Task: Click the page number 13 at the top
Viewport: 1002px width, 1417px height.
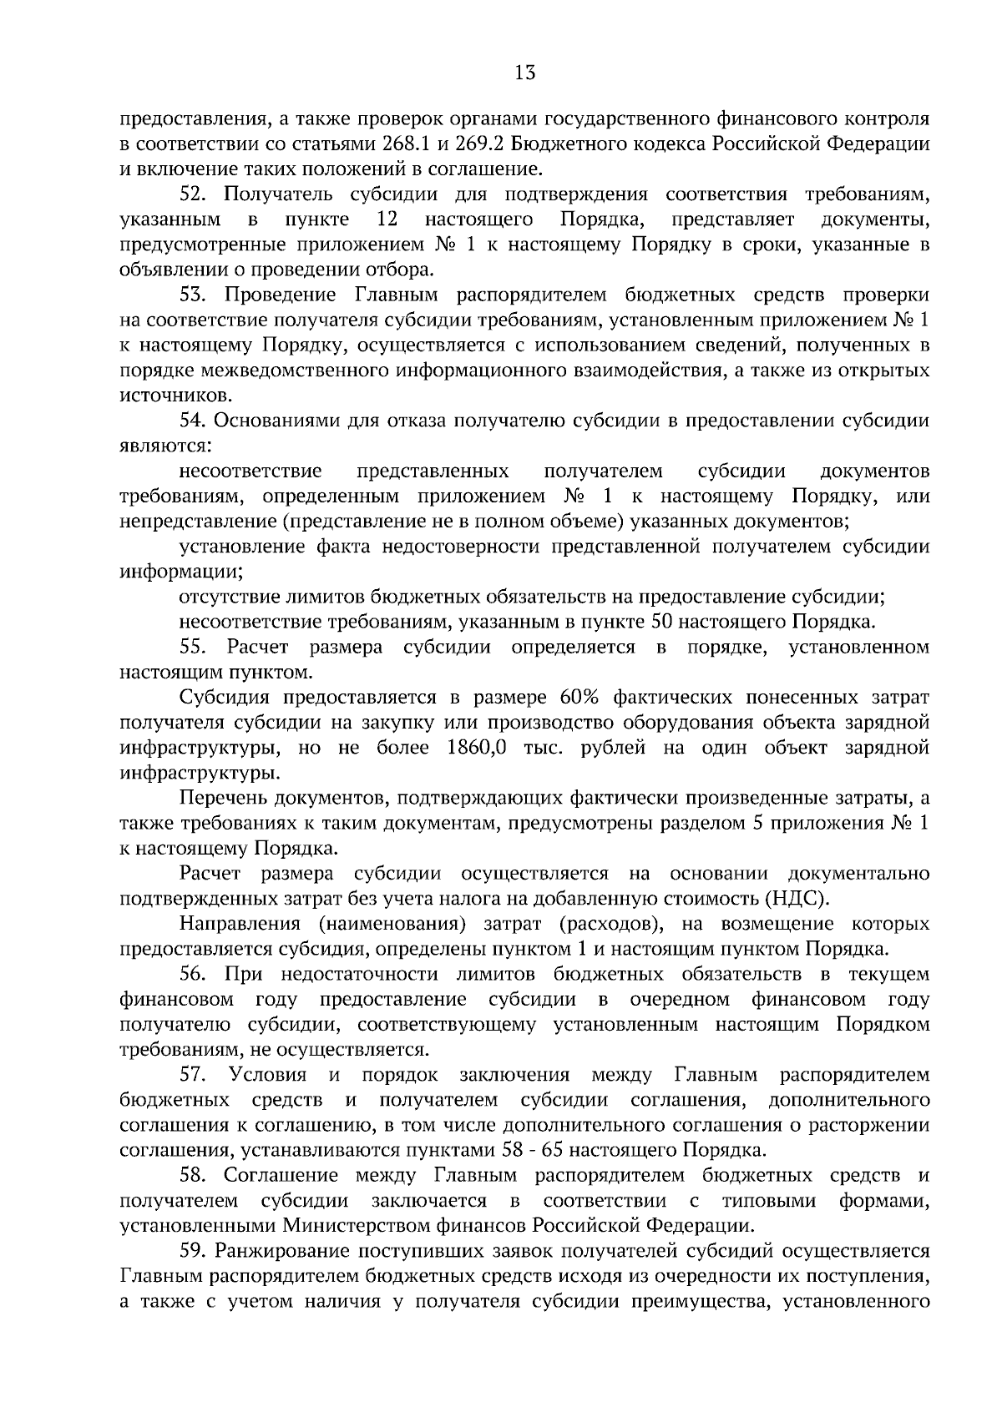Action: [524, 73]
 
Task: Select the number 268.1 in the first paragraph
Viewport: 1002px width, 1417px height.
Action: [412, 143]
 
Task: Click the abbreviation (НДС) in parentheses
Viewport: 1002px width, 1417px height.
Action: [797, 899]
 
